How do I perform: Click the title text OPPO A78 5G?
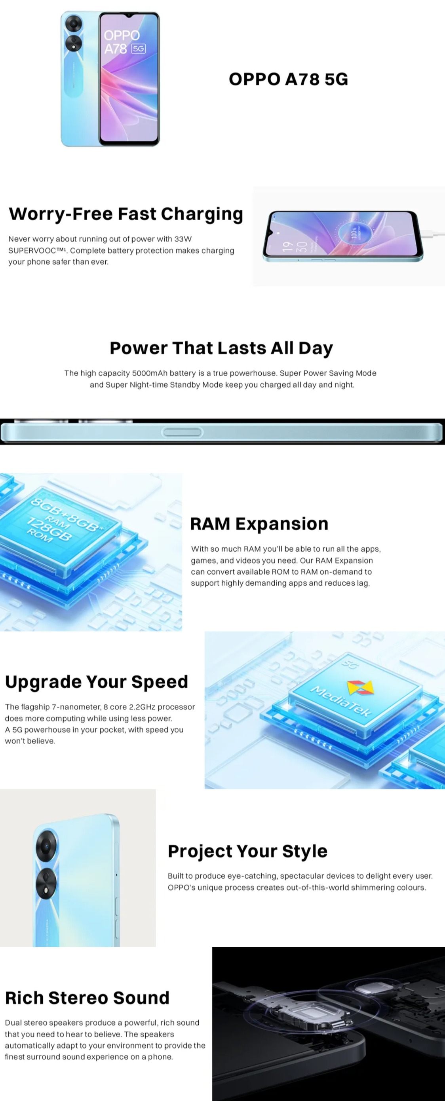pos(288,79)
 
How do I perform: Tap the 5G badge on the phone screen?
pos(138,49)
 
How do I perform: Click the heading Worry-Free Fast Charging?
pos(126,214)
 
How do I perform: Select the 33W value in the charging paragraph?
pos(183,239)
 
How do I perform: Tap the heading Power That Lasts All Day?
pos(221,348)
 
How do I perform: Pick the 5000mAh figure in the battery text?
pos(149,373)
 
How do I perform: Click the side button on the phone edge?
pos(182,432)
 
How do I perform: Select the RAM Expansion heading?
pos(259,524)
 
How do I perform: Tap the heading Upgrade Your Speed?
pos(97,682)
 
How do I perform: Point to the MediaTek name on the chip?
pos(340,700)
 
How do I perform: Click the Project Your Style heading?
pos(247,851)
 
